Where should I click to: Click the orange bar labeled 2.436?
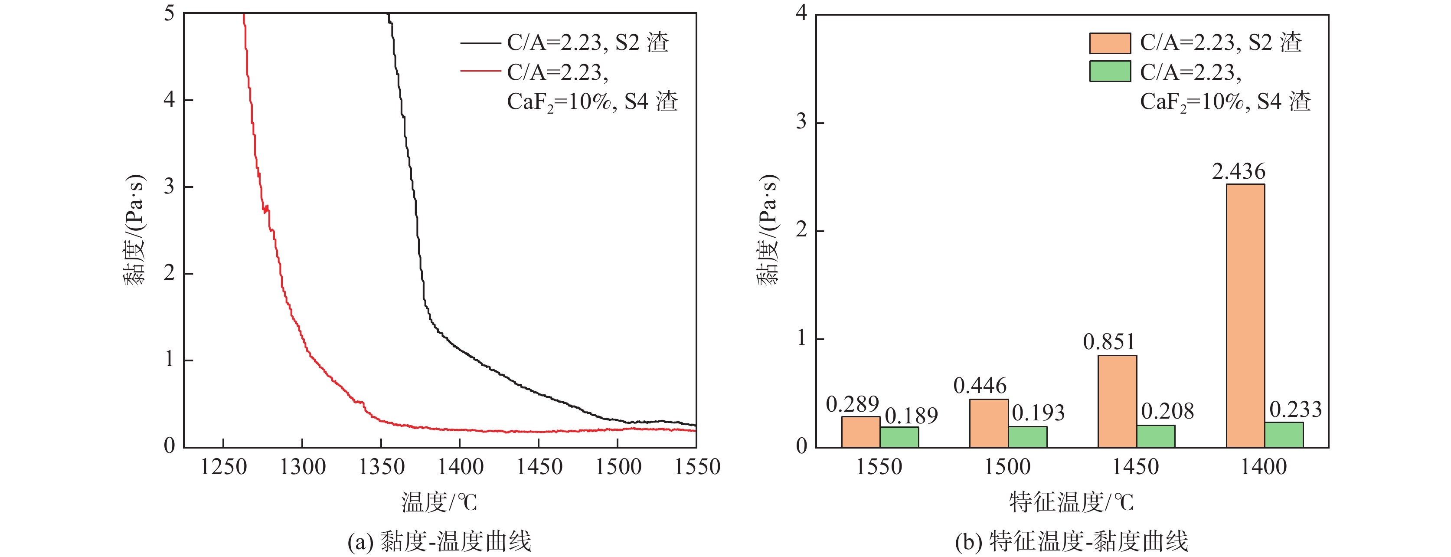(x=1245, y=315)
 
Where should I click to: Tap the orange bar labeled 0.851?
(x=1117, y=401)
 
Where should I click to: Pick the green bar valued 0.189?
(x=899, y=437)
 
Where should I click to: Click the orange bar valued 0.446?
(x=989, y=423)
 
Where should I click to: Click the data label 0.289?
(x=852, y=404)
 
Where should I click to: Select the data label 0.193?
(x=1038, y=413)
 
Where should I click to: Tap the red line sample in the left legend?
(x=480, y=72)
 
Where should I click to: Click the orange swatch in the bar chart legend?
(x=1110, y=43)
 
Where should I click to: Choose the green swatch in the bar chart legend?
(x=1110, y=72)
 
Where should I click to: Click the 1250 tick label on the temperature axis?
(x=224, y=467)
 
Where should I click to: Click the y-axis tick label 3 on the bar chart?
(x=801, y=121)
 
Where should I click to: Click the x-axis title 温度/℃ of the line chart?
(x=439, y=502)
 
